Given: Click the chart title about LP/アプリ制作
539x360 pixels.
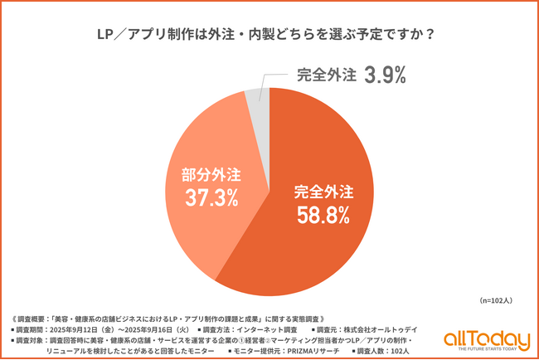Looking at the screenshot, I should coord(269,36).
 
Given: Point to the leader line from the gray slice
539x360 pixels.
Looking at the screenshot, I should coord(264,82).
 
